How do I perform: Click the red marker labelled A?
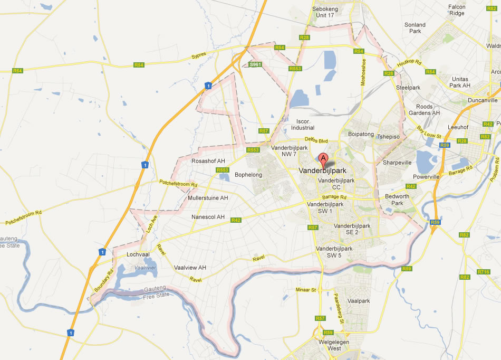323,159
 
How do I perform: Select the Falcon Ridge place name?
457,10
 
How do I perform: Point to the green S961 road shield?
255,64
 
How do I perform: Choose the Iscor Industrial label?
302,124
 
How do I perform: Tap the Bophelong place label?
248,175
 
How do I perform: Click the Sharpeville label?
397,163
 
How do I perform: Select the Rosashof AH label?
208,161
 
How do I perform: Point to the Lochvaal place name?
139,254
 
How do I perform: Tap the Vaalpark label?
359,301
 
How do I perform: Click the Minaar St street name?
305,290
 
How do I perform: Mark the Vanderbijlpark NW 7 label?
288,151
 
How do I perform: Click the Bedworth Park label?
397,200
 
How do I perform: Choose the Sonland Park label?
415,28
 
